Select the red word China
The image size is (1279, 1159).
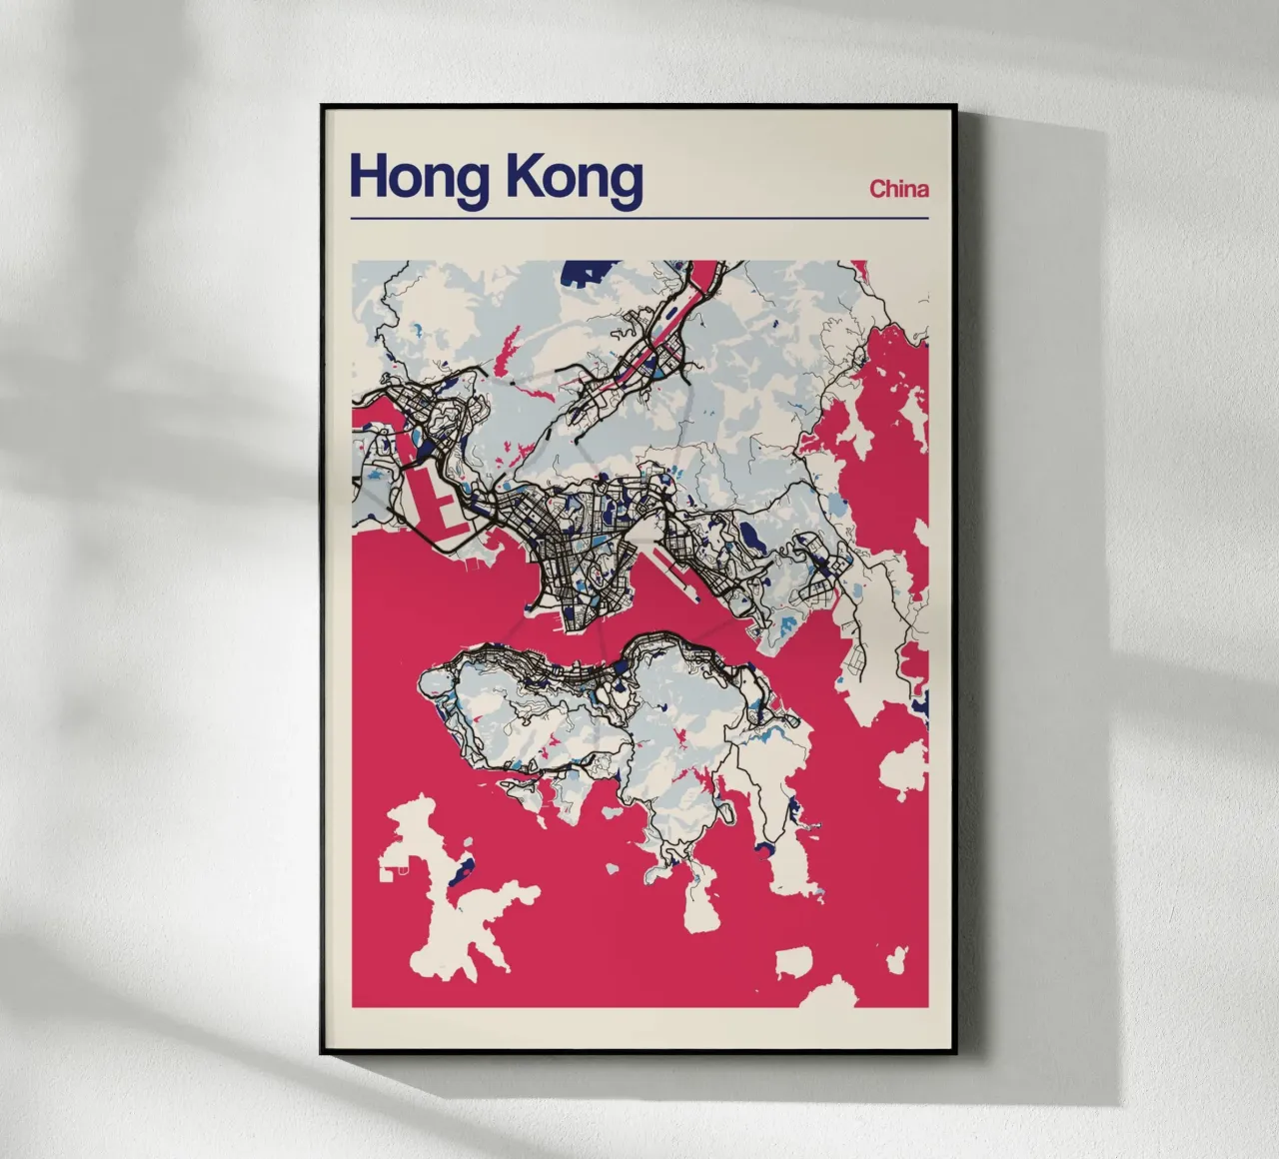pyautogui.click(x=899, y=188)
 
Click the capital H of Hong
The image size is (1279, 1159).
pyautogui.click(x=366, y=178)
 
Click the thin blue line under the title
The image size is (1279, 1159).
pyautogui.click(x=639, y=217)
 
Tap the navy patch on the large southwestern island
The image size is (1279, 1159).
pyautogui.click(x=457, y=876)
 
